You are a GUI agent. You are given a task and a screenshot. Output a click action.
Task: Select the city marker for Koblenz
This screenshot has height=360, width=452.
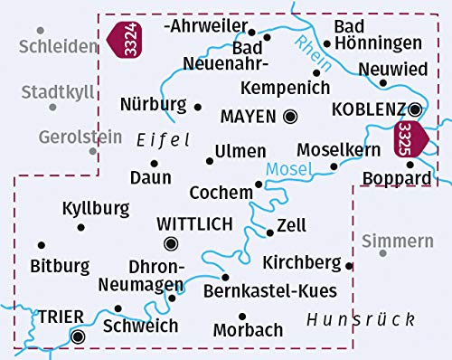(414, 109)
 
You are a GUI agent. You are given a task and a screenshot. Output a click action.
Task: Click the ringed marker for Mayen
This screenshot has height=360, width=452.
(290, 116)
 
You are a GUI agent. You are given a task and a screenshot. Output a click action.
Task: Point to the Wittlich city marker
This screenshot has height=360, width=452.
(171, 242)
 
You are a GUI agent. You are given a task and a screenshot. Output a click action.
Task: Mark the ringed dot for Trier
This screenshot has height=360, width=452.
(78, 336)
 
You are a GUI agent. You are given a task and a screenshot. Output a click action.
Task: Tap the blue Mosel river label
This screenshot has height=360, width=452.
(287, 168)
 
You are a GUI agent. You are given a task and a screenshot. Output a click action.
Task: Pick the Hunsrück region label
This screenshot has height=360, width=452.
(361, 319)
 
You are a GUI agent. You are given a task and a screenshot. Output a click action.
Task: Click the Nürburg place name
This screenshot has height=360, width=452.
(153, 104)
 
